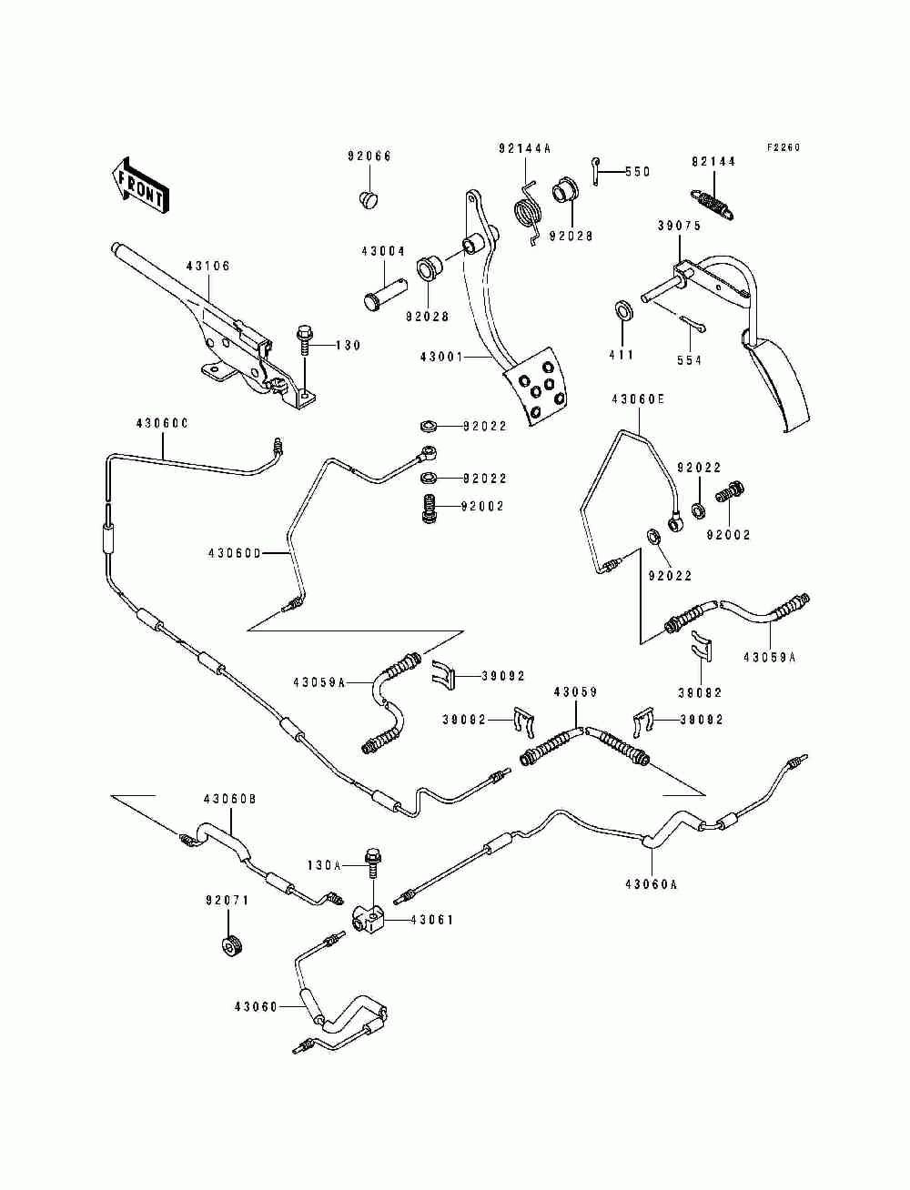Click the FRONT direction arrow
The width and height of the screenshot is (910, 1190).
pyautogui.click(x=140, y=186)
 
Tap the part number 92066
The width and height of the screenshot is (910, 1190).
pyautogui.click(x=369, y=156)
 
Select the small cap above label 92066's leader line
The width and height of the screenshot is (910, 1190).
pyautogui.click(x=370, y=199)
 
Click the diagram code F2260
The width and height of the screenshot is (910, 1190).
pyautogui.click(x=784, y=146)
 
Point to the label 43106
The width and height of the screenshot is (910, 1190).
pyautogui.click(x=208, y=266)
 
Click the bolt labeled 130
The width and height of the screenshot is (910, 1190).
pyautogui.click(x=304, y=340)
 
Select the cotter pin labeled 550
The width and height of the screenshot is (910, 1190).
pyautogui.click(x=596, y=171)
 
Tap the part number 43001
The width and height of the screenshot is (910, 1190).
pyautogui.click(x=441, y=357)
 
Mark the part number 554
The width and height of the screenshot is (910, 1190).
pyautogui.click(x=689, y=360)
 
